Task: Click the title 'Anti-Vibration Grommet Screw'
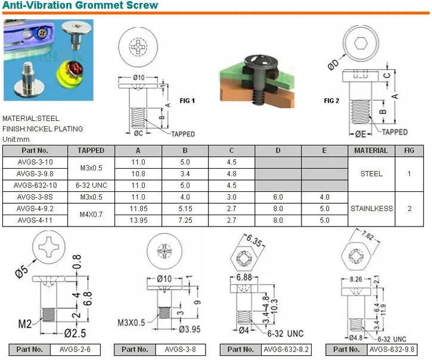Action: tap(80, 6)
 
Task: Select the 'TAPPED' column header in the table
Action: tap(91, 151)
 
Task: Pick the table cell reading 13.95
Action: tap(138, 220)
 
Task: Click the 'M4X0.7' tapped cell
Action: tap(91, 214)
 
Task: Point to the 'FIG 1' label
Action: tap(188, 101)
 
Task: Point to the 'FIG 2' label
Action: tap(331, 101)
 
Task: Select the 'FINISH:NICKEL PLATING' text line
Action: tap(42, 129)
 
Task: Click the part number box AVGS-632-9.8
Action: tap(391, 350)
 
